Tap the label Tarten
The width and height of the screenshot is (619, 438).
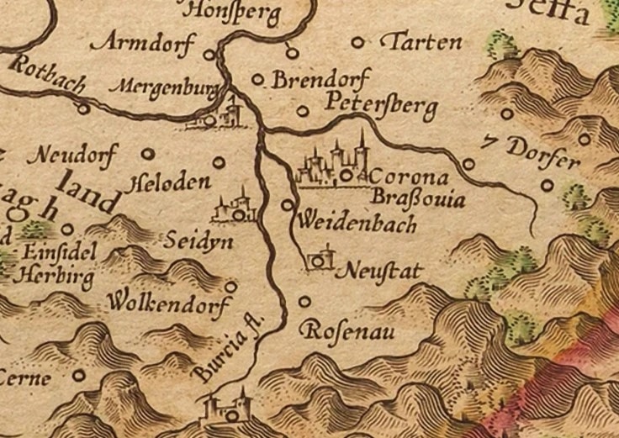(421, 42)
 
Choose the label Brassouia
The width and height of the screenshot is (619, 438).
(419, 200)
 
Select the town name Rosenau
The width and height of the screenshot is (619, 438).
(350, 329)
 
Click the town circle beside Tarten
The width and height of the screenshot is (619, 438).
(360, 41)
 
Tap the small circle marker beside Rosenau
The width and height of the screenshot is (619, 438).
(304, 300)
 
